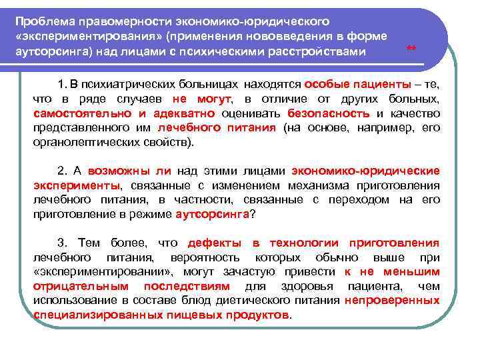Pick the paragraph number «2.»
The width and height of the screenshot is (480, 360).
tap(63, 171)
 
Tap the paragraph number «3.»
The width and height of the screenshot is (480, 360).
tap(63, 243)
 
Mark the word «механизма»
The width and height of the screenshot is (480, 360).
tap(323, 185)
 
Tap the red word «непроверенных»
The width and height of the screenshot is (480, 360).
tap(392, 300)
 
